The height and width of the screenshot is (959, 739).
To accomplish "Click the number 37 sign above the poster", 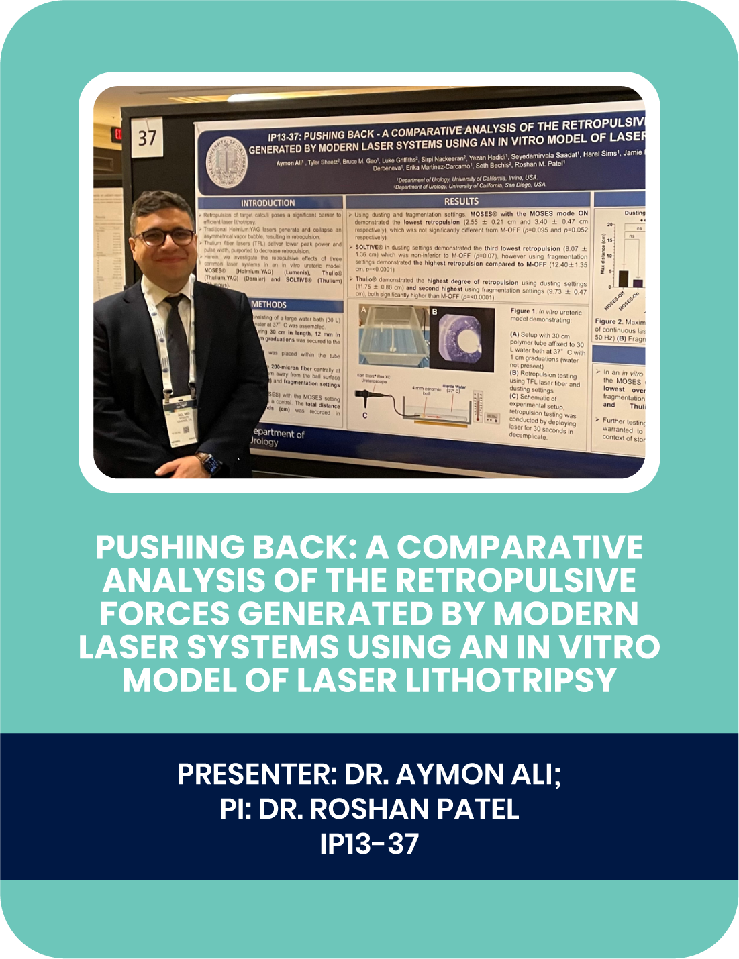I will tap(147, 138).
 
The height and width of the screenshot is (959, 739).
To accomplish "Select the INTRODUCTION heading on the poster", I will tap(268, 203).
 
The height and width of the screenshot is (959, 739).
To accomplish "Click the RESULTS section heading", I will tap(461, 201).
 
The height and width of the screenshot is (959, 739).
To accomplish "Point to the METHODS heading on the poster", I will tap(268, 305).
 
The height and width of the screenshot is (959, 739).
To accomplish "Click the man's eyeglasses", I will tap(165, 237).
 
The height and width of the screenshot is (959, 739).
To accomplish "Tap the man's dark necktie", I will tap(177, 336).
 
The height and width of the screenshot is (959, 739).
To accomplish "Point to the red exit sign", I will tap(118, 134).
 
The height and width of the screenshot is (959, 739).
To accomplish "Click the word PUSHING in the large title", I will tap(169, 548).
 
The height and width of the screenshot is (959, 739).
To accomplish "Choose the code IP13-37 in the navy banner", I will tap(369, 844).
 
